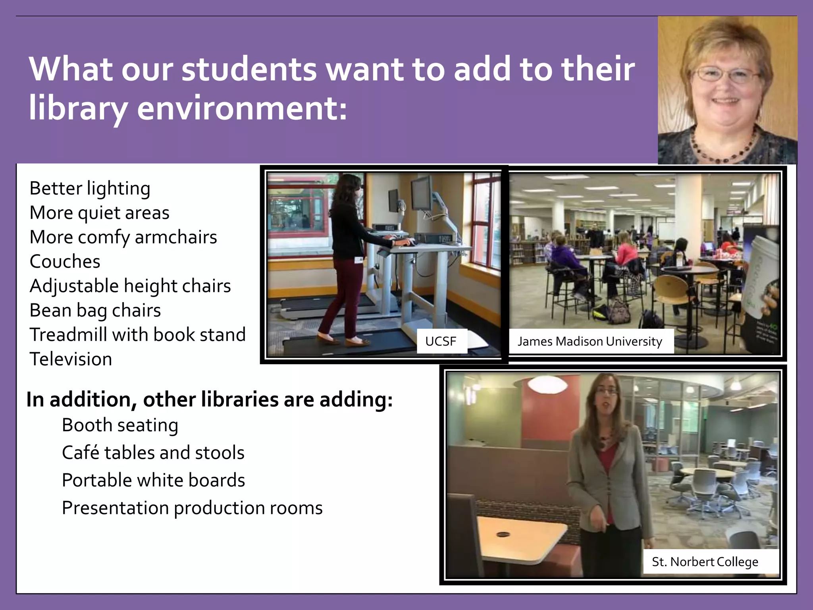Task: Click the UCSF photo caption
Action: point(441,341)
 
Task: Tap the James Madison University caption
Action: point(590,341)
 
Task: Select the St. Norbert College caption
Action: point(705,562)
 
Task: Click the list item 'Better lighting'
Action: point(90,188)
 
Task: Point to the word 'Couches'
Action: point(65,261)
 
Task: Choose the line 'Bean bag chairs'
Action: point(95,310)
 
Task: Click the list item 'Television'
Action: point(71,359)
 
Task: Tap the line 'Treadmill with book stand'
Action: point(138,334)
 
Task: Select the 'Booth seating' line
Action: point(120,425)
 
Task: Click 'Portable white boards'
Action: point(153,480)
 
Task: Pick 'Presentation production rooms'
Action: point(192,508)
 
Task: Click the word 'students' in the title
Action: point(249,69)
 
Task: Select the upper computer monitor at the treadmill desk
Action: point(422,193)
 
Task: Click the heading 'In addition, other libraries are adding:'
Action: point(210,400)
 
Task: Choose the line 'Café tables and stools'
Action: point(153,453)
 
